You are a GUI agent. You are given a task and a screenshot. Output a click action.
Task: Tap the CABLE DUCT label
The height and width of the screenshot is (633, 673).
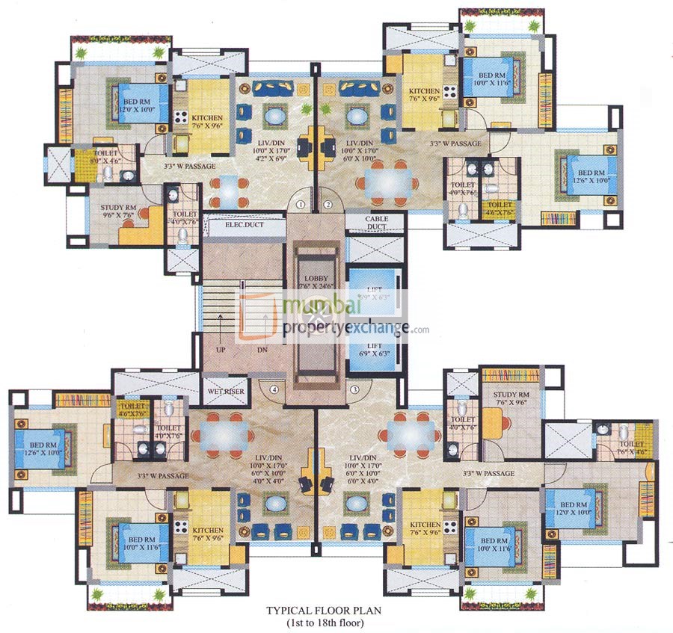(376, 223)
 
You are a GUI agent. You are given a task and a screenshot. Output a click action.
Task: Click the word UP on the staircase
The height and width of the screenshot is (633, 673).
(221, 349)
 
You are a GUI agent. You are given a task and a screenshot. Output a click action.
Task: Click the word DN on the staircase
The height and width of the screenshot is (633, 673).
(261, 349)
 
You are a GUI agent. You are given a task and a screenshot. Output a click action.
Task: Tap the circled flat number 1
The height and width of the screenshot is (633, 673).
(301, 203)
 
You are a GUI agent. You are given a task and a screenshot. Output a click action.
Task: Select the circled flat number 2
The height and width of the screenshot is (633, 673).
(328, 203)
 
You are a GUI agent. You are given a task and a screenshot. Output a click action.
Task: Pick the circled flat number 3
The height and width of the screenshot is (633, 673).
(354, 389)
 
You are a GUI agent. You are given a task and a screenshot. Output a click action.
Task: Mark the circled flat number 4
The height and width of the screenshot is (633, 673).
(275, 389)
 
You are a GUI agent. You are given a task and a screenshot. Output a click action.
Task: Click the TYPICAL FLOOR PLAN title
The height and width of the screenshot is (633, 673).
(324, 610)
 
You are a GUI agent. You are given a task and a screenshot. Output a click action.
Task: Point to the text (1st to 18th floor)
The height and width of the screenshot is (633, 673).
(324, 622)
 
